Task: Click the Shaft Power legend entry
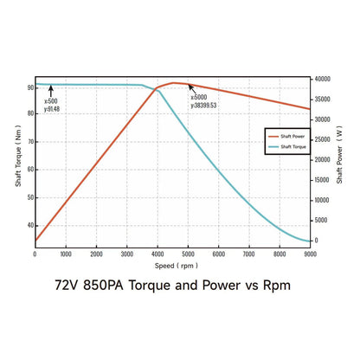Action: click(x=286, y=136)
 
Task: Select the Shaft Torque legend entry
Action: click(x=286, y=147)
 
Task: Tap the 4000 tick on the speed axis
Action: click(x=157, y=254)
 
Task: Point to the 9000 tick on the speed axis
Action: click(x=310, y=254)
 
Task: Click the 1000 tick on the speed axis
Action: click(x=66, y=254)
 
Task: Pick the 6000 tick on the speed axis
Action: click(x=219, y=254)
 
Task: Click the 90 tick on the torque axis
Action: click(x=29, y=87)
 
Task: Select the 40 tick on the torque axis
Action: click(x=29, y=225)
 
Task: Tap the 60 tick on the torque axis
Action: click(x=29, y=170)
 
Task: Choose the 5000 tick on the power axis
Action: click(x=321, y=220)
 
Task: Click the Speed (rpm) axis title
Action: click(x=171, y=265)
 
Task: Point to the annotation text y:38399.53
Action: click(x=203, y=105)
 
